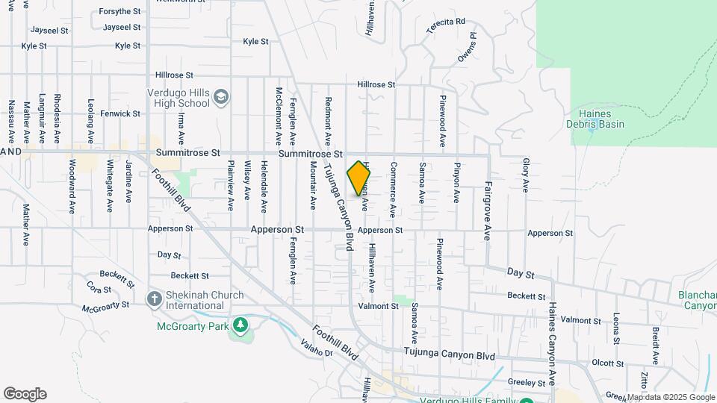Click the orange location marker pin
point(358,178)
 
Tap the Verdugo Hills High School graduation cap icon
point(221,97)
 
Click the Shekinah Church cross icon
point(155,300)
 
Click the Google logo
point(25,394)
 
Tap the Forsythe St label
point(120,11)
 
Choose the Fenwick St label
point(121,113)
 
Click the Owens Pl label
point(467,46)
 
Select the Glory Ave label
point(526,175)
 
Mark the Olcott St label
point(607,363)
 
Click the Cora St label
point(99,287)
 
